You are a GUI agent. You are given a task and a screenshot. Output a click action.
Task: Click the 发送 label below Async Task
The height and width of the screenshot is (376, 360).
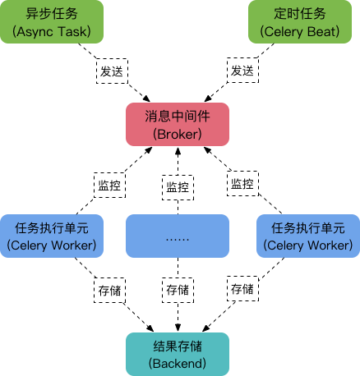(112, 71)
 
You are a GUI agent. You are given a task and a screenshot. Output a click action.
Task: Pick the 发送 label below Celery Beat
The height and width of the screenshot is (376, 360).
(241, 71)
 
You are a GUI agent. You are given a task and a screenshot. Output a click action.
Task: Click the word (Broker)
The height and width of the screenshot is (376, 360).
(177, 134)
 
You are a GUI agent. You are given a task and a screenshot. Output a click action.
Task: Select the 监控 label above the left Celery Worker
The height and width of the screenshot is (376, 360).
(109, 185)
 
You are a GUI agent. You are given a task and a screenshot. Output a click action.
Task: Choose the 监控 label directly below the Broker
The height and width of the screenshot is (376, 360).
(178, 187)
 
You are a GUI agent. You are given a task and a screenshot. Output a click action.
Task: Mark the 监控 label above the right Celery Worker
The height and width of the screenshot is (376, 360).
(242, 184)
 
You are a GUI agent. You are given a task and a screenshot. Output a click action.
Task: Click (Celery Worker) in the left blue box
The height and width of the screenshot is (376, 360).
(51, 245)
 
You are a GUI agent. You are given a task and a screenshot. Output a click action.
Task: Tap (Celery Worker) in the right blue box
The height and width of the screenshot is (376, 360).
(307, 245)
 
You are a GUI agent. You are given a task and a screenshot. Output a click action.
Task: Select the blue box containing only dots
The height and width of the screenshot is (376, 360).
(177, 236)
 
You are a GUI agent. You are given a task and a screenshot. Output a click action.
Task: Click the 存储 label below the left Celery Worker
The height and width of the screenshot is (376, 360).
(109, 289)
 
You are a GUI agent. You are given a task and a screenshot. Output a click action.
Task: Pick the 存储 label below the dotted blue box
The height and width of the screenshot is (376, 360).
(178, 290)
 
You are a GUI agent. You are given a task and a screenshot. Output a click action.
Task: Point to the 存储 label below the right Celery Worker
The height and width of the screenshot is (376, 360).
(242, 289)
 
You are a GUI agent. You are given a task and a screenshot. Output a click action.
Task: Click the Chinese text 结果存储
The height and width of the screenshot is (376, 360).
(177, 345)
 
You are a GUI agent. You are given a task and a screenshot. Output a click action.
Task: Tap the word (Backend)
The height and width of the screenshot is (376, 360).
(177, 362)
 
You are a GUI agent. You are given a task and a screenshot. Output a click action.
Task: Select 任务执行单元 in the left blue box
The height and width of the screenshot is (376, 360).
(51, 227)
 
